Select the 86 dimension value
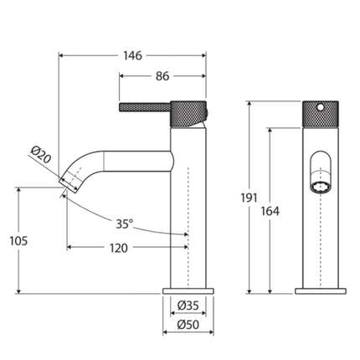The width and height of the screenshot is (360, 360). (162, 75)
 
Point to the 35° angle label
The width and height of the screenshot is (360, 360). (125, 224)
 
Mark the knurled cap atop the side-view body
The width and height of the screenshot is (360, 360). (188, 111)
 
